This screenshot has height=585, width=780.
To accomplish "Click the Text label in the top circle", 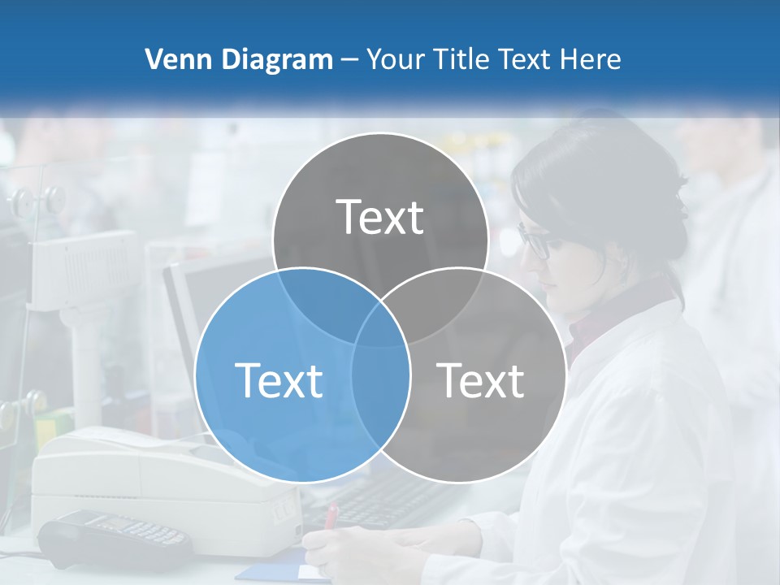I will [379, 217].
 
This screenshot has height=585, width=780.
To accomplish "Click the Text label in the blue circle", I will [279, 379].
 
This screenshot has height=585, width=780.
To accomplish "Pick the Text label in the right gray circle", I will [481, 379].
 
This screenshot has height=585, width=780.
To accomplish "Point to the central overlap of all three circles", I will [380, 325].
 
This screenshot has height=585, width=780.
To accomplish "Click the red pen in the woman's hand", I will [331, 516].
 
